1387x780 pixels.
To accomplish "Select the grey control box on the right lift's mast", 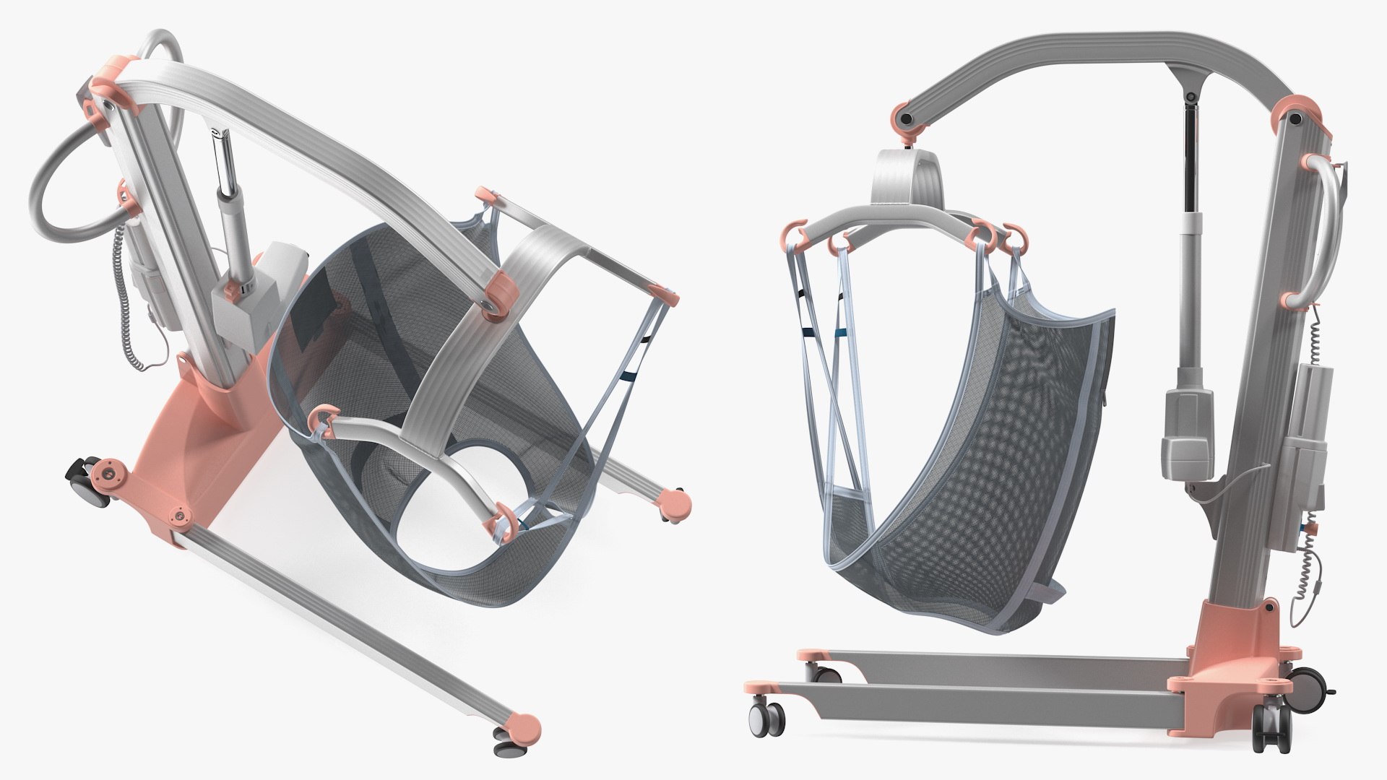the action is tap(1309, 433).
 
